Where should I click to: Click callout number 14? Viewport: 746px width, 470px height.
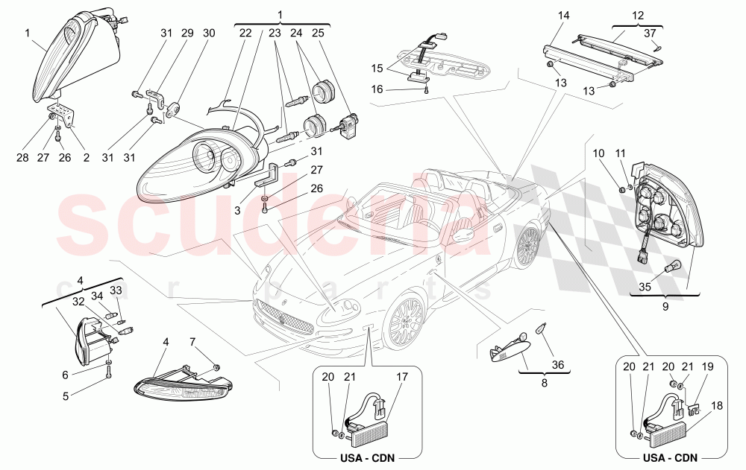(x=563, y=16)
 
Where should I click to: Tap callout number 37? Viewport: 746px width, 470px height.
(x=651, y=32)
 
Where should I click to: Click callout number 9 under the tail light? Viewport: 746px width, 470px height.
(x=665, y=305)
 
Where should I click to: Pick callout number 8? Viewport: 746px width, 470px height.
(x=544, y=383)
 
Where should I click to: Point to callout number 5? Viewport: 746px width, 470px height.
(x=65, y=397)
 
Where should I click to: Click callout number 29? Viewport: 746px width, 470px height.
(x=186, y=34)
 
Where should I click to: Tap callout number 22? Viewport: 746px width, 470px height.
(x=245, y=34)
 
